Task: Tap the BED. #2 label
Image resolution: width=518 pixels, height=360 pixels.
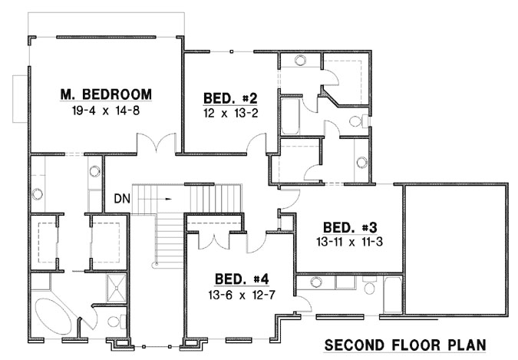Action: click(219, 98)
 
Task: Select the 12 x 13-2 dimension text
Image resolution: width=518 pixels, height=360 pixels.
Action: click(219, 112)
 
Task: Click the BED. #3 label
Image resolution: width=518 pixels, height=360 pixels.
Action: click(348, 227)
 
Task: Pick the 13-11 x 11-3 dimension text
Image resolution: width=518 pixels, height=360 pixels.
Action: click(348, 241)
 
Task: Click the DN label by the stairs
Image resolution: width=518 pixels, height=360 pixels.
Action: click(121, 198)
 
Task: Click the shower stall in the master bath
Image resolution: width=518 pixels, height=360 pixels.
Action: click(113, 286)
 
